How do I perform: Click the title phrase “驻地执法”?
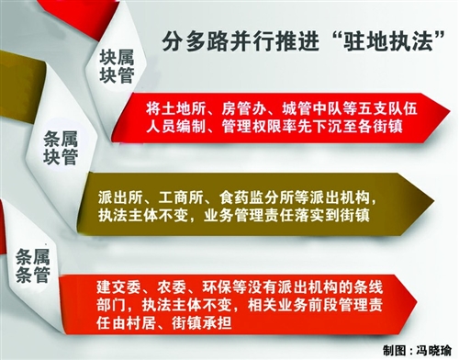click(x=388, y=41)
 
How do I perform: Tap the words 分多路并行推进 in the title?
click(x=241, y=41)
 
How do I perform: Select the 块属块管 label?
click(x=118, y=67)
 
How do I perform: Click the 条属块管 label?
click(x=61, y=148)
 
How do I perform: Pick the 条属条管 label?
click(x=33, y=265)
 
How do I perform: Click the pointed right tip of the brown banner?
click(x=434, y=201)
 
